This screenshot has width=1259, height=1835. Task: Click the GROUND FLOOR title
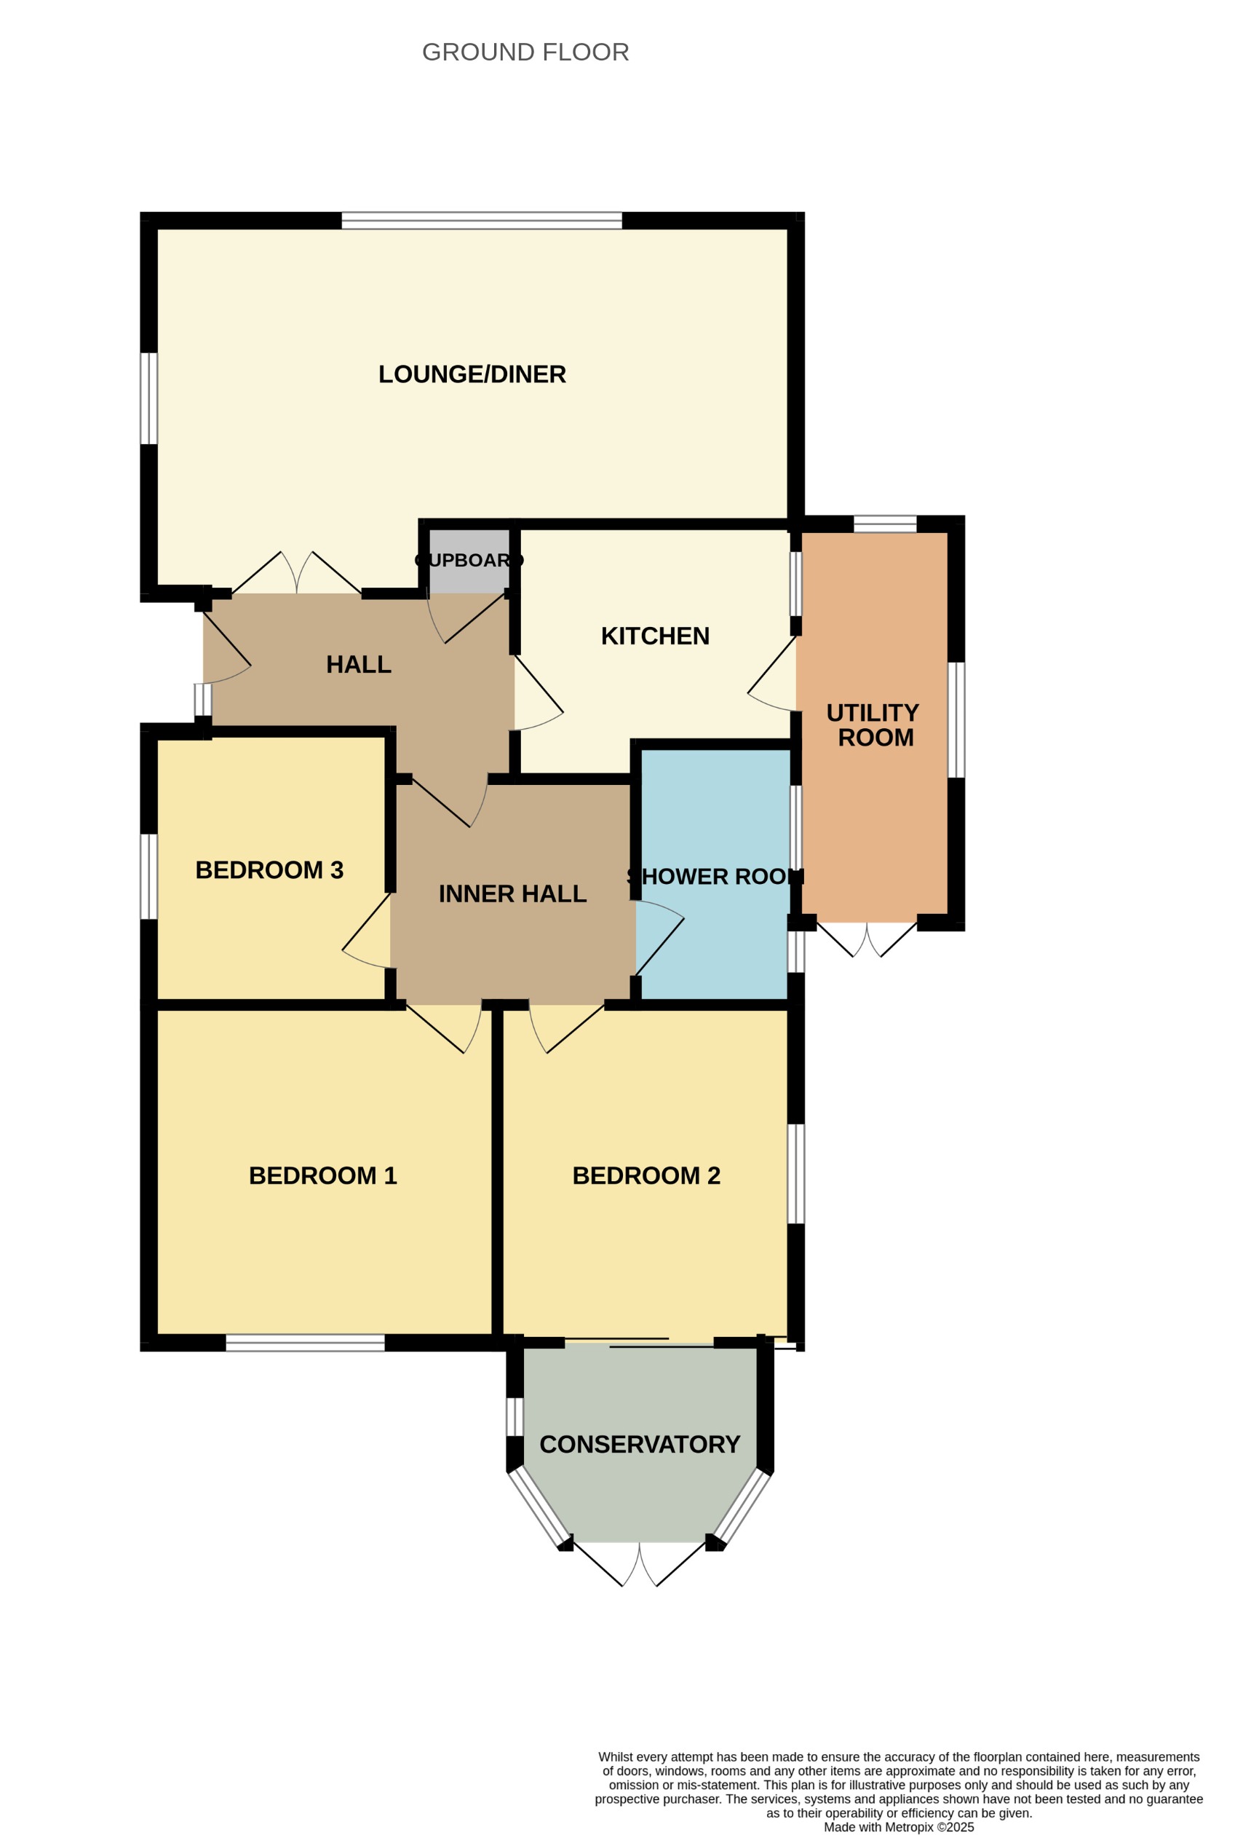tap(525, 52)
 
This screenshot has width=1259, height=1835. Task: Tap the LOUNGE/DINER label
tap(472, 374)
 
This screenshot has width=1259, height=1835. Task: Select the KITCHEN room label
tap(655, 636)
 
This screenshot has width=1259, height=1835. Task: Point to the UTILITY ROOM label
tap(873, 725)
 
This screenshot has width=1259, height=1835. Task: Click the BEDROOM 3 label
tap(269, 869)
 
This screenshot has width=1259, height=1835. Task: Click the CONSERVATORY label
tap(640, 1444)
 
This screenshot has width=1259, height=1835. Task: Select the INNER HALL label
tap(512, 893)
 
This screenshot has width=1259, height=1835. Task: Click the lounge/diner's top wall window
tap(482, 221)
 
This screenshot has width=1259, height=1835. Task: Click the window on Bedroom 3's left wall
tap(148, 877)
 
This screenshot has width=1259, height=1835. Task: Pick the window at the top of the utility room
tap(885, 524)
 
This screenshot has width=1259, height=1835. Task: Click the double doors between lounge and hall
tap(297, 575)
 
